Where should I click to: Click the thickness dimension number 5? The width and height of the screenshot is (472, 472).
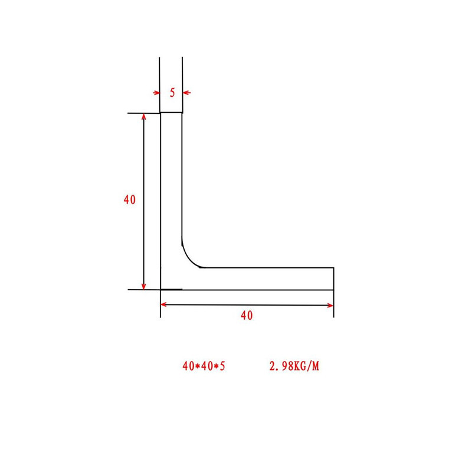tap(172, 93)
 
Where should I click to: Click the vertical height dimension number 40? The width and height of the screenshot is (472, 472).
tap(130, 199)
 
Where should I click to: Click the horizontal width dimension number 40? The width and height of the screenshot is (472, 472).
tap(247, 315)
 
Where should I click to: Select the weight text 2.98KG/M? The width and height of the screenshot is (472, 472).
tap(294, 366)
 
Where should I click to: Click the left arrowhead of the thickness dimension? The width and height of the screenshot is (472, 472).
tap(157, 93)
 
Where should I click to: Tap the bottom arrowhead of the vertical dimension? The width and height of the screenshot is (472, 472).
tap(144, 286)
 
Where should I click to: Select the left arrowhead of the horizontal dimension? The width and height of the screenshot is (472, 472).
tap(165, 304)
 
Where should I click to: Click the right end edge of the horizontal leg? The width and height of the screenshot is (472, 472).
tap(334, 278)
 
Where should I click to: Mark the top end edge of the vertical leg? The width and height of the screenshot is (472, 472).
tap(172, 113)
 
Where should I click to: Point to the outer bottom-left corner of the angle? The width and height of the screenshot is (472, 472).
tap(161, 290)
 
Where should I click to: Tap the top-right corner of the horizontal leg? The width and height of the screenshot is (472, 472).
tap(334, 268)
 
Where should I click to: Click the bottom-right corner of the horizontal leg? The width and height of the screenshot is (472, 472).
tap(334, 290)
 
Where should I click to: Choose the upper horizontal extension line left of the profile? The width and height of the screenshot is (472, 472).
tap(144, 113)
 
